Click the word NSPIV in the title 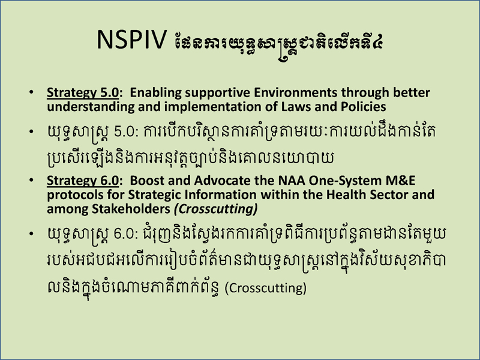coord(131,40)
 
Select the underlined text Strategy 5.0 coord(83,93)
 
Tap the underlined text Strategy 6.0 coord(83,181)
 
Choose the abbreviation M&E coord(401,181)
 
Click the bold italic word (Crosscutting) coord(215,209)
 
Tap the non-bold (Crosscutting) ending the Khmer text coord(265,288)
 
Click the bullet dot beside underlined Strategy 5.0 coord(31,92)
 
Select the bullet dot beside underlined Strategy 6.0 coord(31,180)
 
